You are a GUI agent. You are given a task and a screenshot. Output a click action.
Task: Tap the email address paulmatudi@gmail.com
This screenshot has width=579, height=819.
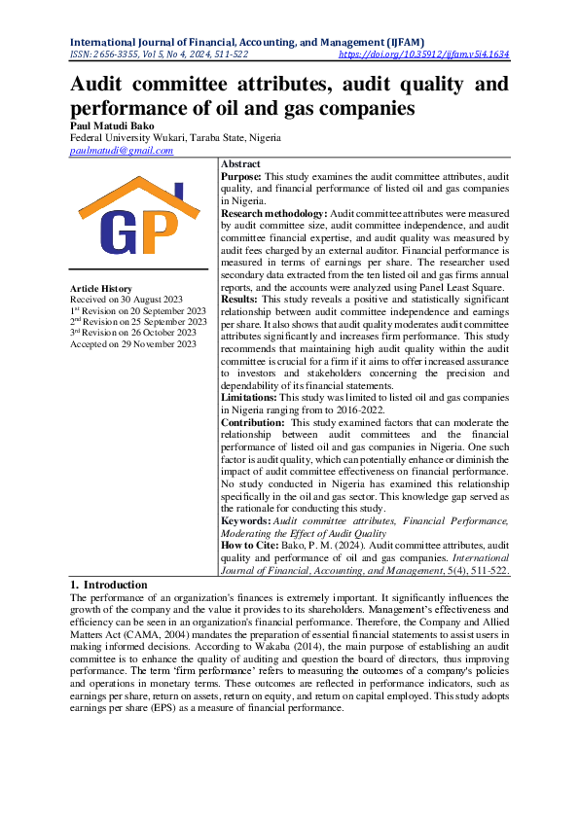click(122, 151)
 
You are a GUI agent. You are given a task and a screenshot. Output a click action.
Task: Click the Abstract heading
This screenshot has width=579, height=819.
click(240, 164)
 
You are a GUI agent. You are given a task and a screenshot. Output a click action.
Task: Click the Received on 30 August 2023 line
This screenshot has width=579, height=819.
click(127, 300)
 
